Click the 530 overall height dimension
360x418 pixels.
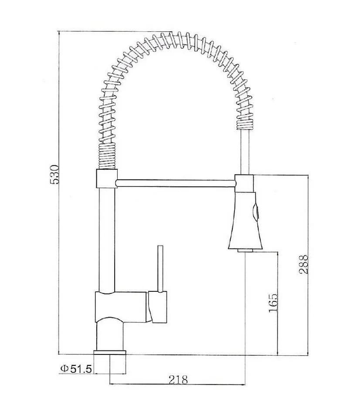point(54,175)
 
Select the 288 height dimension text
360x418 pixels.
point(304,264)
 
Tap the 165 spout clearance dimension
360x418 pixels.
point(273,303)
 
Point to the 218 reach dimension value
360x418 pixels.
point(178,379)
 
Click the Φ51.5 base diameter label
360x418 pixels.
point(76,369)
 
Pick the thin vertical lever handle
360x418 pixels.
point(160,269)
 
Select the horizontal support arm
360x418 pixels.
point(176,183)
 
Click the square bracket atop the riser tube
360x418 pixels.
point(106,179)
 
